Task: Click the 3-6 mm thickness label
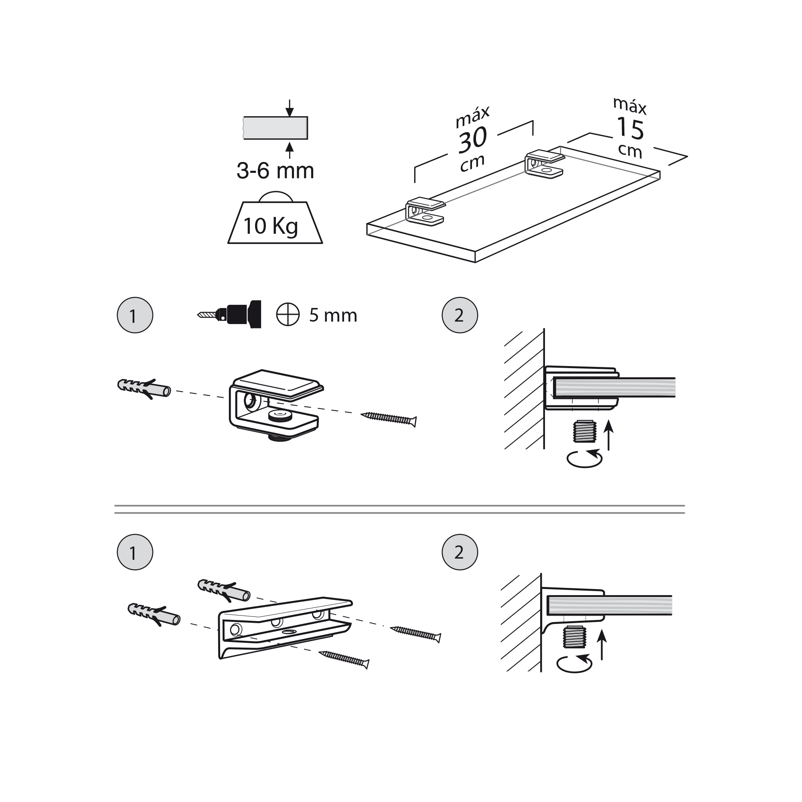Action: click(275, 170)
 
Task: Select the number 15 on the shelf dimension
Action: click(630, 128)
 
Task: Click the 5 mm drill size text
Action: click(333, 316)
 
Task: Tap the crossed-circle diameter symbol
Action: click(288, 314)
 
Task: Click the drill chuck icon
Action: click(229, 314)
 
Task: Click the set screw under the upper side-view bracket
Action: click(585, 432)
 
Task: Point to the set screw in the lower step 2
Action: click(574, 638)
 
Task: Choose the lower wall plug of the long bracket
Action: click(154, 615)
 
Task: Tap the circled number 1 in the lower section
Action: click(135, 552)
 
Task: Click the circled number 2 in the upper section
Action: click(460, 315)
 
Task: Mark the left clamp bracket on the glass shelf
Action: click(425, 212)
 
